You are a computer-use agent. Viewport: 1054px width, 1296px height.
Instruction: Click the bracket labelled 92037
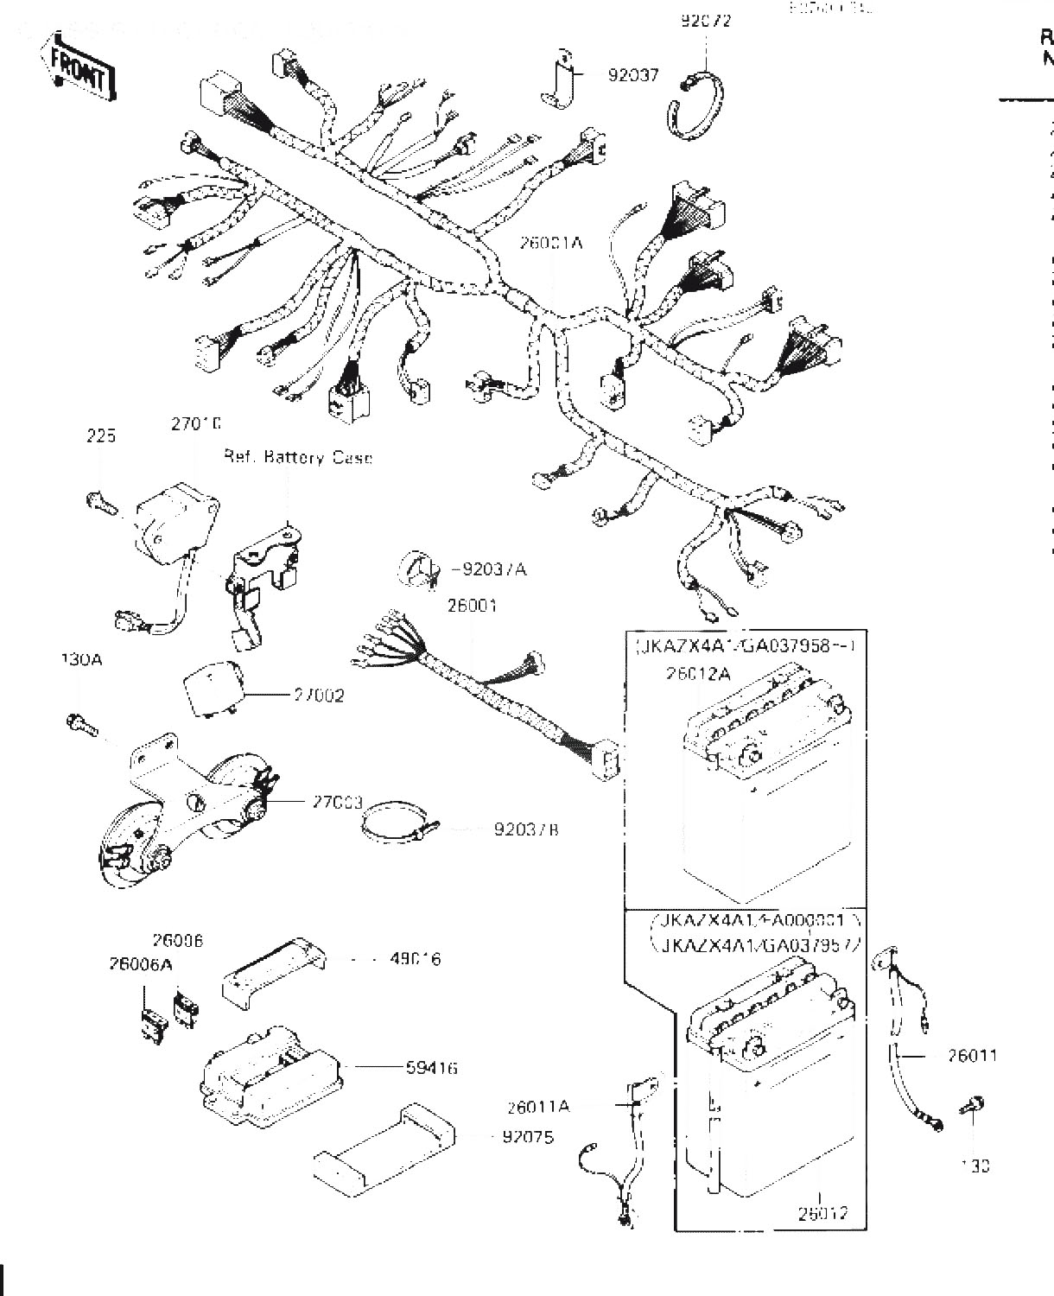(x=557, y=80)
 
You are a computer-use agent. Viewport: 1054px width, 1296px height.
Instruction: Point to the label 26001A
(x=551, y=244)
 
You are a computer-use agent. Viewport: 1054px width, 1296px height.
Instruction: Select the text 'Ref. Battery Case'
(x=298, y=457)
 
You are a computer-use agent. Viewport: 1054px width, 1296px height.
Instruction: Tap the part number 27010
(x=196, y=424)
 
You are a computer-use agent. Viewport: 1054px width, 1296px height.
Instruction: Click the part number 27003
(x=338, y=802)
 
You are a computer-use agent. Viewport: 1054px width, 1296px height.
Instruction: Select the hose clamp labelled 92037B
(x=393, y=828)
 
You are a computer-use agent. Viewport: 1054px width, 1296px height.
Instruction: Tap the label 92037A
(x=493, y=569)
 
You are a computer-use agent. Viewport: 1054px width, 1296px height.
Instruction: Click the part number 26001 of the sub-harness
(x=473, y=606)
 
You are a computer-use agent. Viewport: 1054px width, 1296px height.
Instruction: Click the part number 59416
(x=432, y=1069)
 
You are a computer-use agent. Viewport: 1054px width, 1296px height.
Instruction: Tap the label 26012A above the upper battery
(x=699, y=673)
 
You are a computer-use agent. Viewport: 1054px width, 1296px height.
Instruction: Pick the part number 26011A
(x=539, y=1106)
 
